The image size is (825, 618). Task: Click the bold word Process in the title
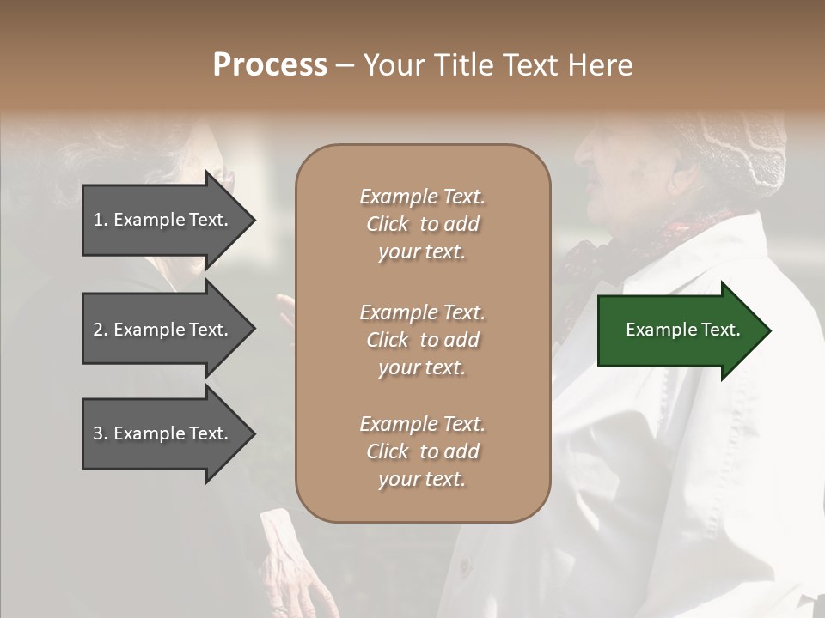pyautogui.click(x=270, y=65)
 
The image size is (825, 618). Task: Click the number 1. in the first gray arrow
pyautogui.click(x=101, y=220)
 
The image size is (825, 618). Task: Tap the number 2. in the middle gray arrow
pyautogui.click(x=101, y=330)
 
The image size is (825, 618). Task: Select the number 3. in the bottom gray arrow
pyautogui.click(x=101, y=433)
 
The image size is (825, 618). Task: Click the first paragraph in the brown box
pyautogui.click(x=422, y=224)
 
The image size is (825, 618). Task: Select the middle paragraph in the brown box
pyautogui.click(x=422, y=340)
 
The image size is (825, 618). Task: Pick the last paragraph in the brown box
pyautogui.click(x=422, y=451)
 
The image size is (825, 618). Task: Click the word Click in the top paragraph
pyautogui.click(x=388, y=224)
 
